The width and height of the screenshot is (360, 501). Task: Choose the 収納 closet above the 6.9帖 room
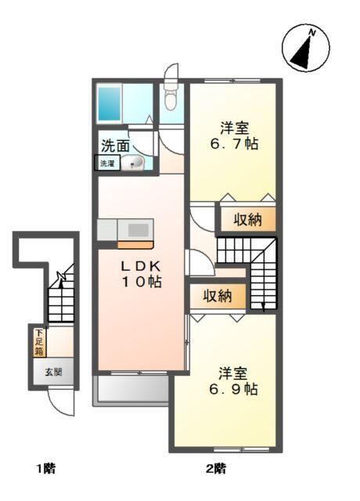218,296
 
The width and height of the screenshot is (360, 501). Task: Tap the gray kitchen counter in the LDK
125,230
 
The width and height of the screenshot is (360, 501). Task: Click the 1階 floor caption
45,469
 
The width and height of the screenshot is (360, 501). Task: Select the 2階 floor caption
217,469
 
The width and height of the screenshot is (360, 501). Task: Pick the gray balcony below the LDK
131,389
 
